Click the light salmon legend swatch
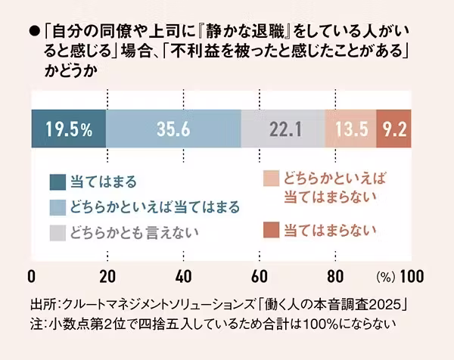[270, 179]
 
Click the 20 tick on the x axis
[107, 274]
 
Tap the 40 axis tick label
[183, 274]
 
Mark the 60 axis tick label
[260, 274]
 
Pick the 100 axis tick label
[412, 274]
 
